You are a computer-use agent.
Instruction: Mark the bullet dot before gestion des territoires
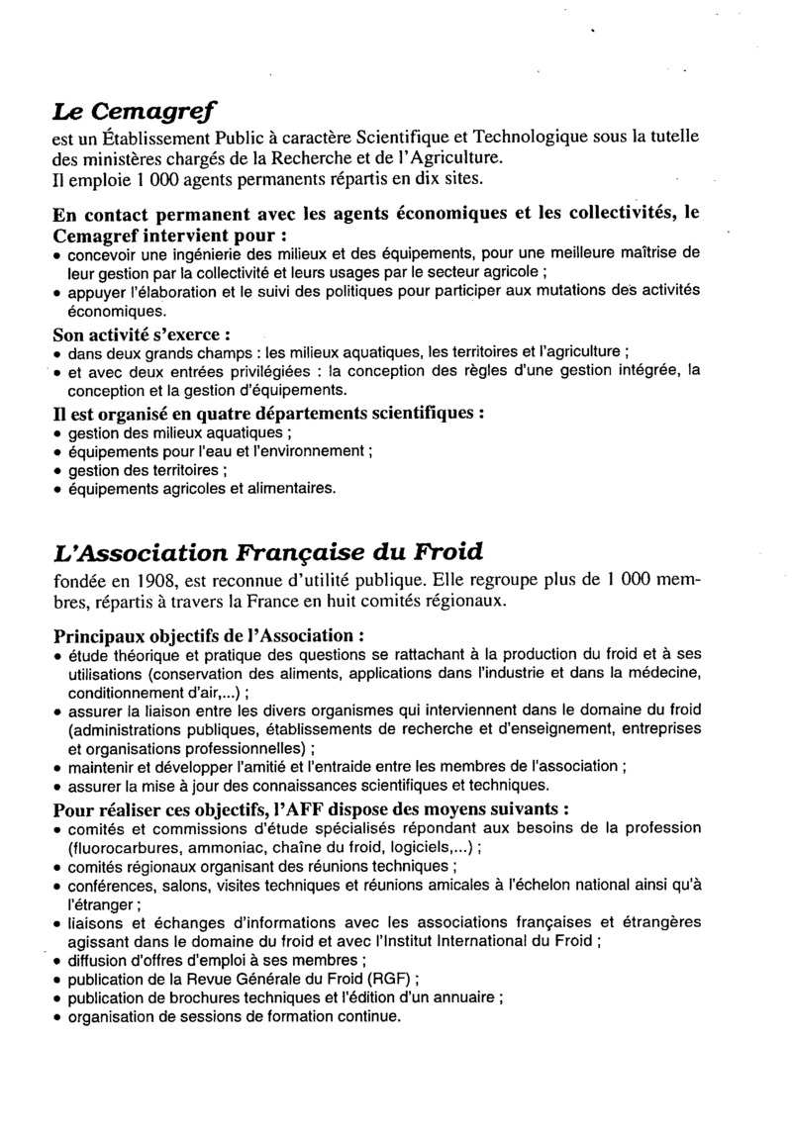click(x=58, y=471)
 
